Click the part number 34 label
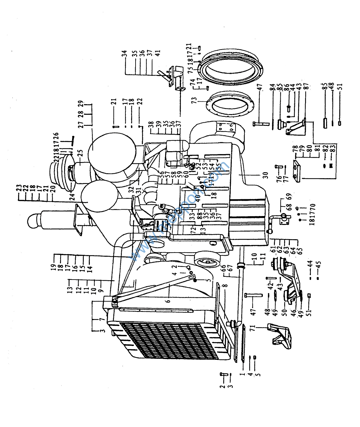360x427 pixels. (x=125, y=53)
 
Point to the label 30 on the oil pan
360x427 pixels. (x=265, y=175)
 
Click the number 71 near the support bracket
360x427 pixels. (x=253, y=328)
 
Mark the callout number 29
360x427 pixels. (x=81, y=104)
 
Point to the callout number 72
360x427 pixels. (x=194, y=230)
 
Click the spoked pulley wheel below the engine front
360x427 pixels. (x=208, y=262)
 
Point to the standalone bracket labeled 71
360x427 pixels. (x=279, y=335)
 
